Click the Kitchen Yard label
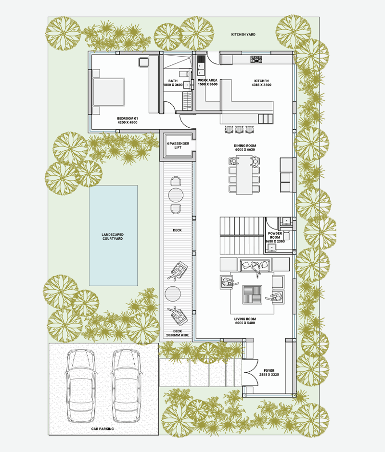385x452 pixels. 243,34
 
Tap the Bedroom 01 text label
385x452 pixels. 128,120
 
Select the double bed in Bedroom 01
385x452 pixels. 109,92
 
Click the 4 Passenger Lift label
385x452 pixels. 178,145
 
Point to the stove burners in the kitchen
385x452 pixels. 256,59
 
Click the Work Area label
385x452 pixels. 207,82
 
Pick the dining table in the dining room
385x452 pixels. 244,175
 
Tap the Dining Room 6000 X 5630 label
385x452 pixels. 245,147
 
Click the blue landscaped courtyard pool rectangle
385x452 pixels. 113,235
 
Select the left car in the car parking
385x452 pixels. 81,386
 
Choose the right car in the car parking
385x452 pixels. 126,386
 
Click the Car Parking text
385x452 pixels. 103,428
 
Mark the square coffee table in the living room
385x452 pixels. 252,294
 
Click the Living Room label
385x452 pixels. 245,321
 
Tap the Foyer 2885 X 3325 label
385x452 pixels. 269,372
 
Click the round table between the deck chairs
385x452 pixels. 176,195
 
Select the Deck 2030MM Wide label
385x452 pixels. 178,333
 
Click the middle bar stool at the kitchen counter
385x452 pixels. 239,129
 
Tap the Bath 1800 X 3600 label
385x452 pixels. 173,83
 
